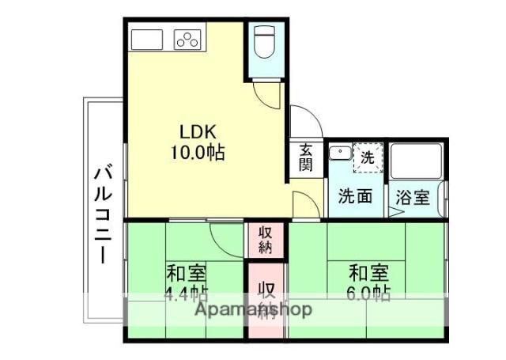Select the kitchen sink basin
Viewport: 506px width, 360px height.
(x=147, y=39)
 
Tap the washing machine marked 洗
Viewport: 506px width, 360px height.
(x=367, y=156)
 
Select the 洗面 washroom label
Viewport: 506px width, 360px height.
(x=355, y=196)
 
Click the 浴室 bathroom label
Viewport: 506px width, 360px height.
(x=413, y=196)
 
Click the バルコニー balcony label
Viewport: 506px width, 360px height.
(x=102, y=214)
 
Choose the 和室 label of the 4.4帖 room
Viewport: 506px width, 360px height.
(x=186, y=275)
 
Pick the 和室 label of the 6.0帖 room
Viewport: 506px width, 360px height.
(x=369, y=274)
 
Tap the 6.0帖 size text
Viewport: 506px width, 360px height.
(x=369, y=294)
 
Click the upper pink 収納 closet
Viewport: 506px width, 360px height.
(x=265, y=240)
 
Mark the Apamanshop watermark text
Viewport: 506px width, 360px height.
(x=254, y=309)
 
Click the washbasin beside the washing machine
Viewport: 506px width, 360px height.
(x=340, y=153)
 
